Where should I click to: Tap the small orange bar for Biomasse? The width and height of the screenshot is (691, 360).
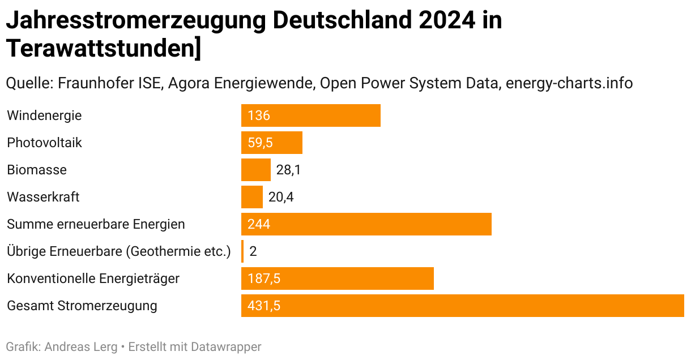[255, 170]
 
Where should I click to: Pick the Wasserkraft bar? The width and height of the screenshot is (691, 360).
[251, 197]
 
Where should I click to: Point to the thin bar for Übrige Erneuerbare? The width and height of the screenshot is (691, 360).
[242, 251]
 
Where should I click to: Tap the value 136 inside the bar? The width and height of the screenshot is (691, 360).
[259, 116]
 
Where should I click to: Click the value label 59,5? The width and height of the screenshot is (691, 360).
[261, 143]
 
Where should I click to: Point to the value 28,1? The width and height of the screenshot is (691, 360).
[289, 170]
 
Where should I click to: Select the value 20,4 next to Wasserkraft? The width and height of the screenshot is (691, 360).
[281, 197]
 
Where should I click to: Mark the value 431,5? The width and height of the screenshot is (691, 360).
[264, 306]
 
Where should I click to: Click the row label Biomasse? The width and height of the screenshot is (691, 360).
[37, 170]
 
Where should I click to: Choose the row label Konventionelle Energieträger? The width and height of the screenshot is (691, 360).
[93, 278]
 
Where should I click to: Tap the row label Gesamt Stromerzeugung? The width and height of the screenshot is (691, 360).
[82, 306]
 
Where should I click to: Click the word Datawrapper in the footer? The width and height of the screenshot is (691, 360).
[226, 346]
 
